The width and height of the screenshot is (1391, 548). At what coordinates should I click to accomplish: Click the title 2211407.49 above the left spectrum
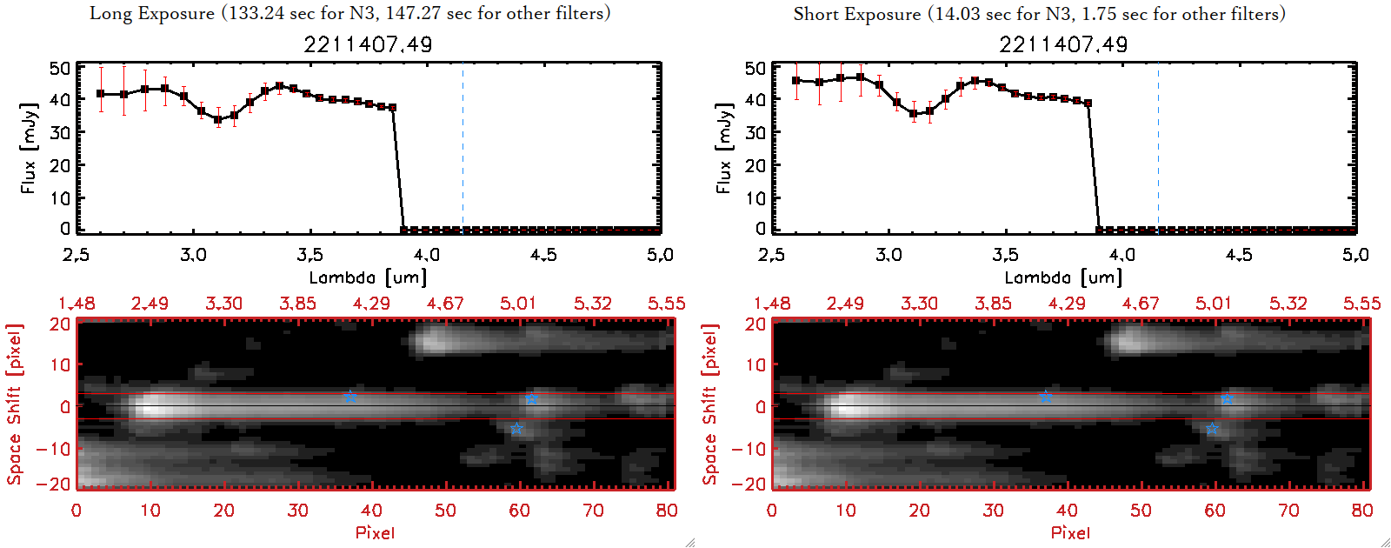tap(368, 44)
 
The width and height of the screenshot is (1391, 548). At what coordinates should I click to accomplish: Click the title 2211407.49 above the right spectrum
tap(1063, 44)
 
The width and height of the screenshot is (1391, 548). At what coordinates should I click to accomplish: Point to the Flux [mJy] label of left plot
tap(29, 148)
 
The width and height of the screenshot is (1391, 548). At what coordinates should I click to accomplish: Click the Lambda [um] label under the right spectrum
tap(1063, 277)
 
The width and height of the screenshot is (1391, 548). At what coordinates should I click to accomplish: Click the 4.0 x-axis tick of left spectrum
tap(426, 255)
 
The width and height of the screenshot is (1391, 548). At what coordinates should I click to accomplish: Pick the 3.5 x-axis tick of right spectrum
tap(1005, 255)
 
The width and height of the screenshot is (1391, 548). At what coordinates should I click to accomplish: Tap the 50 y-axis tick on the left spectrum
tap(60, 68)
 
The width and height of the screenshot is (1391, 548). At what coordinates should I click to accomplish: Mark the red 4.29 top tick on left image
tap(371, 304)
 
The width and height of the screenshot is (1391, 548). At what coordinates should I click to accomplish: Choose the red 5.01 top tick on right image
tap(1213, 304)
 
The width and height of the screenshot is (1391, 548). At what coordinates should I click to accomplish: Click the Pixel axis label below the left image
tap(375, 532)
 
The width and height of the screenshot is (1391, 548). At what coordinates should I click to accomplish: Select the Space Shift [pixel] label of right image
tap(710, 404)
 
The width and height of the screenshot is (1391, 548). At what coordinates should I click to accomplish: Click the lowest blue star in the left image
tap(516, 429)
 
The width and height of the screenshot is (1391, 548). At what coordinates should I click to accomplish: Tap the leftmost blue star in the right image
tap(1046, 397)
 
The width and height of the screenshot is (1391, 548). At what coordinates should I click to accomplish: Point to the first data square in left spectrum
tap(101, 94)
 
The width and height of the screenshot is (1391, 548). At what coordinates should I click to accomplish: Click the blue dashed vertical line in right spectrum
tap(1158, 148)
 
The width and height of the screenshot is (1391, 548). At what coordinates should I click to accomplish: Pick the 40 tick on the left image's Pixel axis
tap(371, 511)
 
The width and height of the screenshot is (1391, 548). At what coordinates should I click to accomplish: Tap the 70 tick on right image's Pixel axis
tap(1288, 511)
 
